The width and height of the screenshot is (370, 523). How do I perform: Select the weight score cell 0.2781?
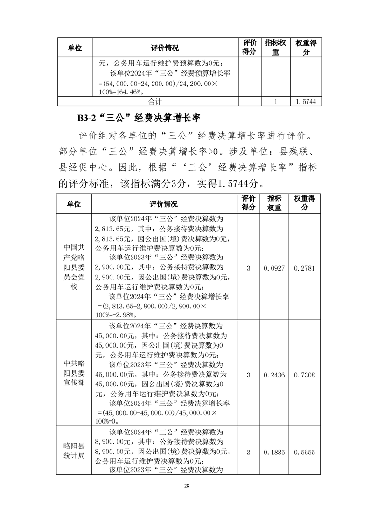303,268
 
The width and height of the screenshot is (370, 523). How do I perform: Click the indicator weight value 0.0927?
273,268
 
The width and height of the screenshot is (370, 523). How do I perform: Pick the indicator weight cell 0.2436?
273,375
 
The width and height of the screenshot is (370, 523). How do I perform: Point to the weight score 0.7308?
303,375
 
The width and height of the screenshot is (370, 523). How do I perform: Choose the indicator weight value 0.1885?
273,452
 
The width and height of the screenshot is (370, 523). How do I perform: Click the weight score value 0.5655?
303,452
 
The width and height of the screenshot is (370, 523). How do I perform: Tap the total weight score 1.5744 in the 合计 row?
306,101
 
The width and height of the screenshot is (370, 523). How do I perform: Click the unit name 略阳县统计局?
74,448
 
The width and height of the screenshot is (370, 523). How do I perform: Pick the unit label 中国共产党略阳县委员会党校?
74,267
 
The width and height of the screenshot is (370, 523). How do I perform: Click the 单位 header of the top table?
75,48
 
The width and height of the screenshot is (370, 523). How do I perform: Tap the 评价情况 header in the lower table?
164,204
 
